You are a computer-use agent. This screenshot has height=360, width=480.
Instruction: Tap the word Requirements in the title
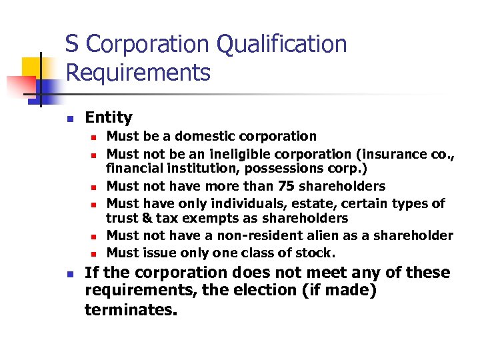[138, 72]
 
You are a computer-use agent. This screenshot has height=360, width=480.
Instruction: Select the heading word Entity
[109, 118]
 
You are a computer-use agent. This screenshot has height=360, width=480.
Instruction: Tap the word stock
[314, 253]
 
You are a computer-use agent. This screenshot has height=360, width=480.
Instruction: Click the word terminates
[131, 309]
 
